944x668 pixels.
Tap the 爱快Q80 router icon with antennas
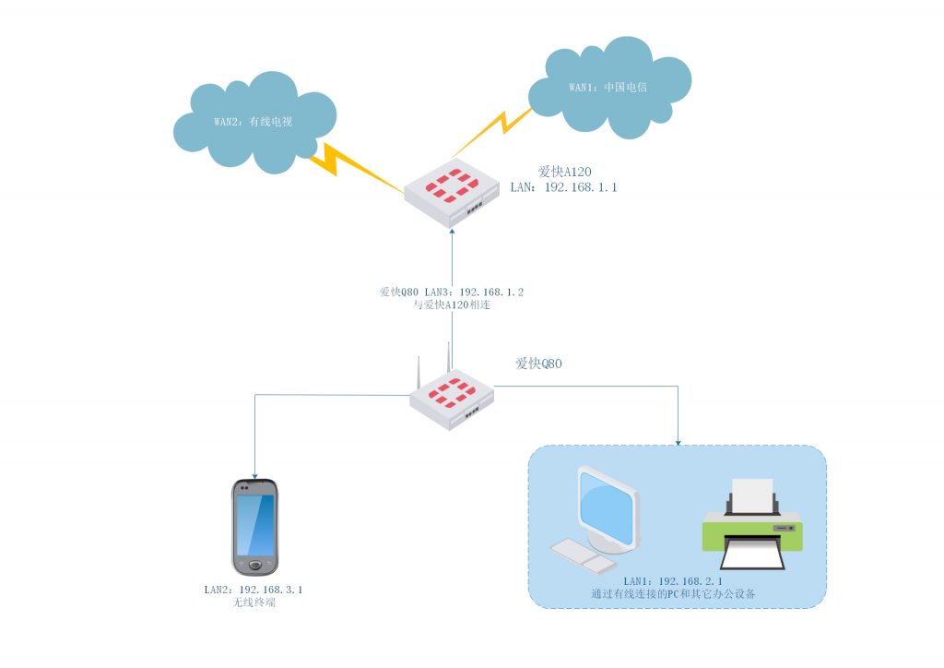(451, 398)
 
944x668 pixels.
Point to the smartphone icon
(254, 527)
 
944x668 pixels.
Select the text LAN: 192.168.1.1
(563, 187)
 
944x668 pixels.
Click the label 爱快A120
(564, 172)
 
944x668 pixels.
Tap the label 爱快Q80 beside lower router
(538, 364)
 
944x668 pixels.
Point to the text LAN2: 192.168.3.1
(254, 589)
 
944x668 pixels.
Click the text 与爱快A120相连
(452, 304)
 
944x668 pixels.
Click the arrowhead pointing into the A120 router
(452, 233)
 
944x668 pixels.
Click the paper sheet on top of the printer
(751, 494)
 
